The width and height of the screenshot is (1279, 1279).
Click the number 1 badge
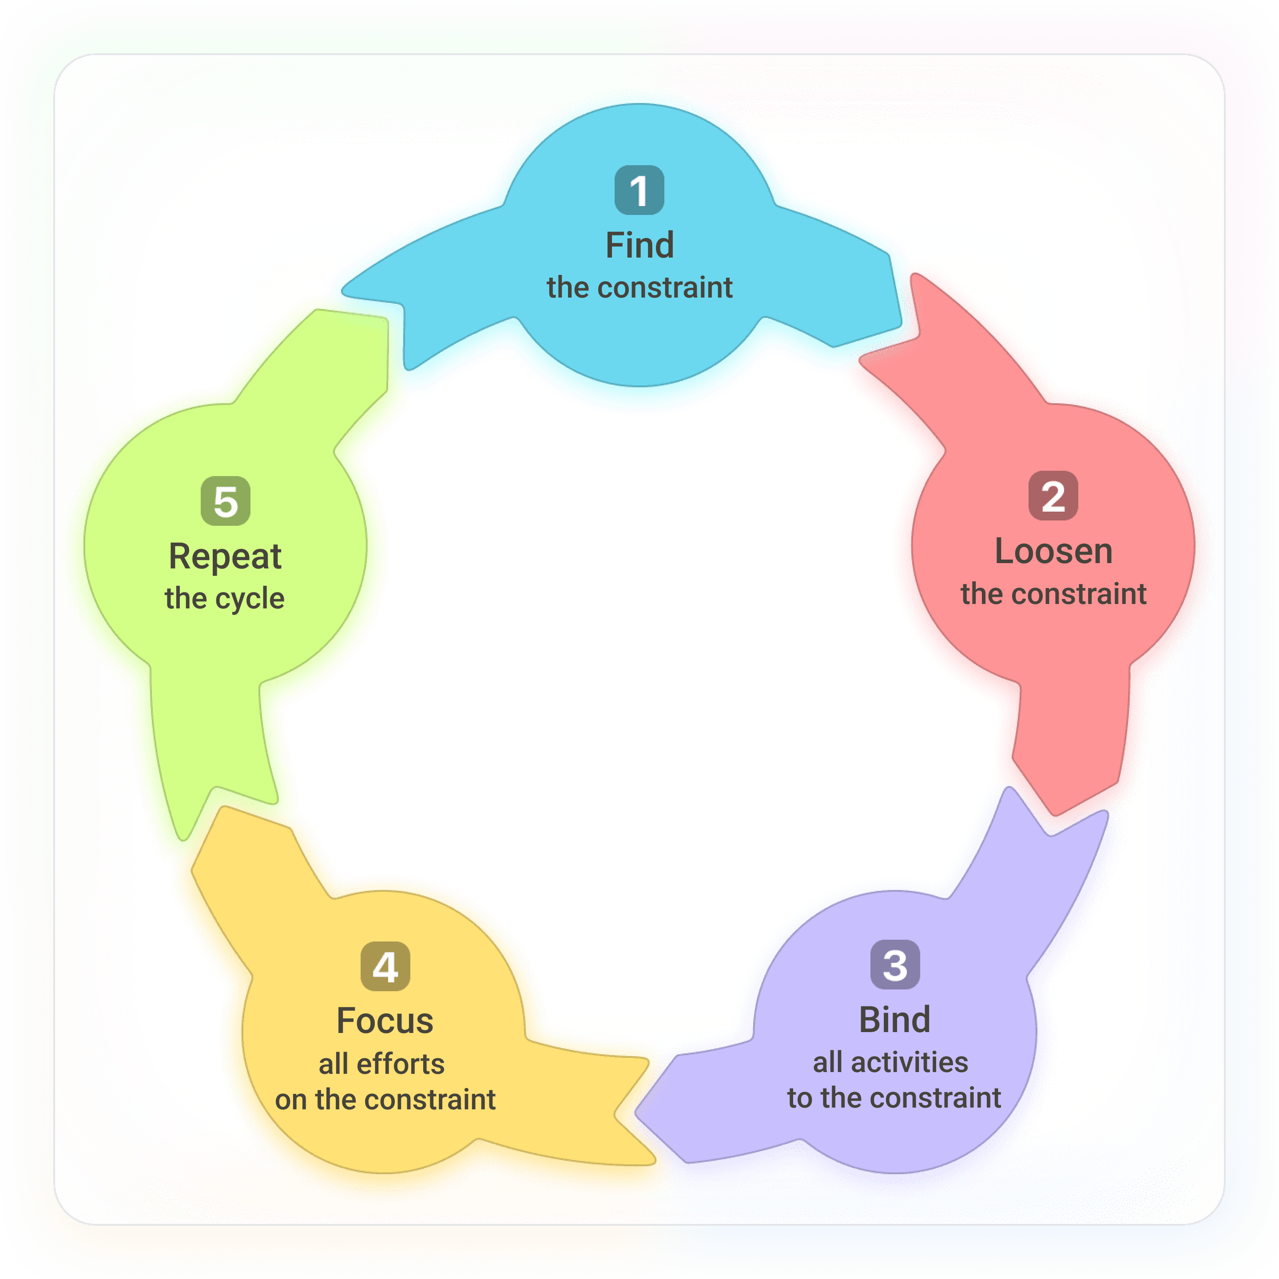[x=639, y=190]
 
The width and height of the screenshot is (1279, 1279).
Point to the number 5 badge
[x=225, y=501]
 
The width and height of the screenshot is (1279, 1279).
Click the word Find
[x=639, y=245]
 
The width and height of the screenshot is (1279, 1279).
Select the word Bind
[x=894, y=1020]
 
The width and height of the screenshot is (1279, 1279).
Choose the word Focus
[x=385, y=1021]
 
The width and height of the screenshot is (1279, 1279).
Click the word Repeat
[x=225, y=556]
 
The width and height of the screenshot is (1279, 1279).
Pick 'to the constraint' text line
[x=894, y=1098]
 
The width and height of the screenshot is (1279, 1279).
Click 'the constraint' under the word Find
[x=639, y=288]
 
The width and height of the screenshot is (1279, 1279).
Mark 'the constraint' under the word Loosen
[x=1053, y=594]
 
